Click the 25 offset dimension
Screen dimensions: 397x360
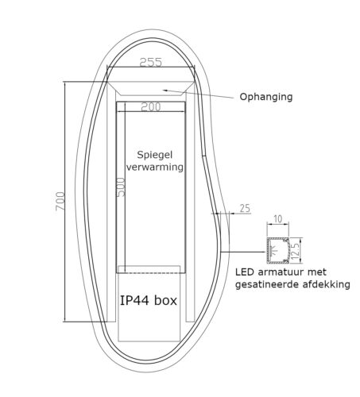click(244, 208)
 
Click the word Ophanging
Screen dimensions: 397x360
click(266, 97)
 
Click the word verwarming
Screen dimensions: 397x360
click(155, 168)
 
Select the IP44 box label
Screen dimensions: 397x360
click(149, 301)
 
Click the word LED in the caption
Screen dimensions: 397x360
click(246, 272)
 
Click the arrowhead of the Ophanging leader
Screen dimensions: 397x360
click(164, 89)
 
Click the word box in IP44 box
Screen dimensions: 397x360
click(166, 301)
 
